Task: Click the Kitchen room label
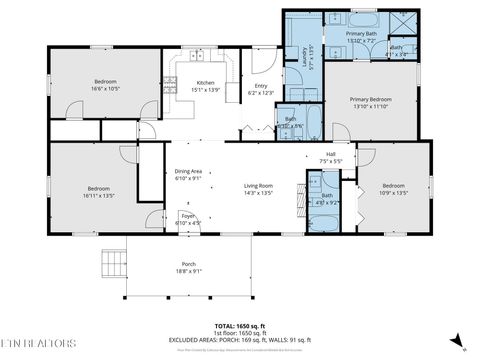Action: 205,82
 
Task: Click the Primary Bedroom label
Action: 370,99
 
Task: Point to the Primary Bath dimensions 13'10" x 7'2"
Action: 360,41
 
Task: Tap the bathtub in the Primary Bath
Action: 360,20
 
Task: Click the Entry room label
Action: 260,85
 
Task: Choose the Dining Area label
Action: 189,171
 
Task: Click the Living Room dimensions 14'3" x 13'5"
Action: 259,193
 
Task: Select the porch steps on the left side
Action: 113,264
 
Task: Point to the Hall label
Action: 331,154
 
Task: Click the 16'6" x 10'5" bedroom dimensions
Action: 106,88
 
